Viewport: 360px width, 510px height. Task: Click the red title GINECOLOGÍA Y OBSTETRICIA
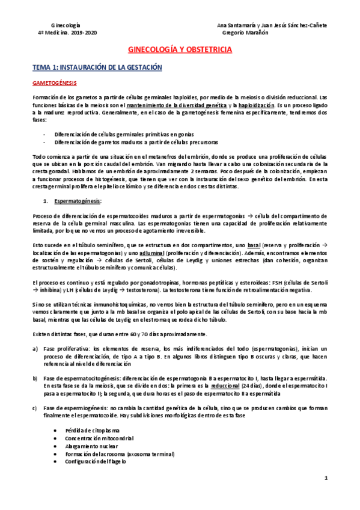pyautogui.click(x=180, y=52)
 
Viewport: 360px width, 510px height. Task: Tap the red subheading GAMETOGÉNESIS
pyautogui.click(x=55, y=84)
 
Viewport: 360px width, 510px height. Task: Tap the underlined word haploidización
pyautogui.click(x=249, y=105)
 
